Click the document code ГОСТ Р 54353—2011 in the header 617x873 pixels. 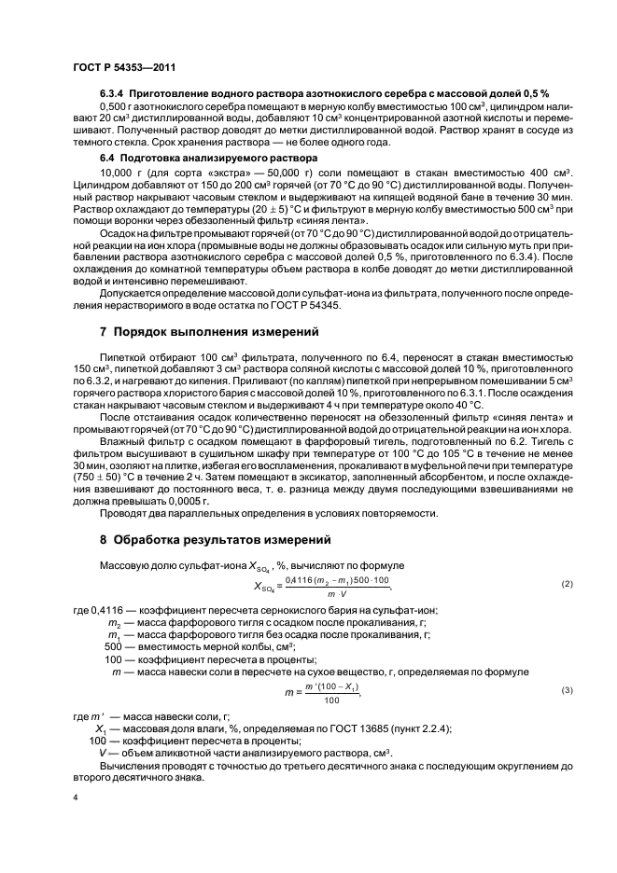click(124, 68)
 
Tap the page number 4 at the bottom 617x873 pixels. click(76, 798)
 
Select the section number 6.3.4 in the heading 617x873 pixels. click(114, 94)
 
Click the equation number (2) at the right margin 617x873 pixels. click(565, 583)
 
